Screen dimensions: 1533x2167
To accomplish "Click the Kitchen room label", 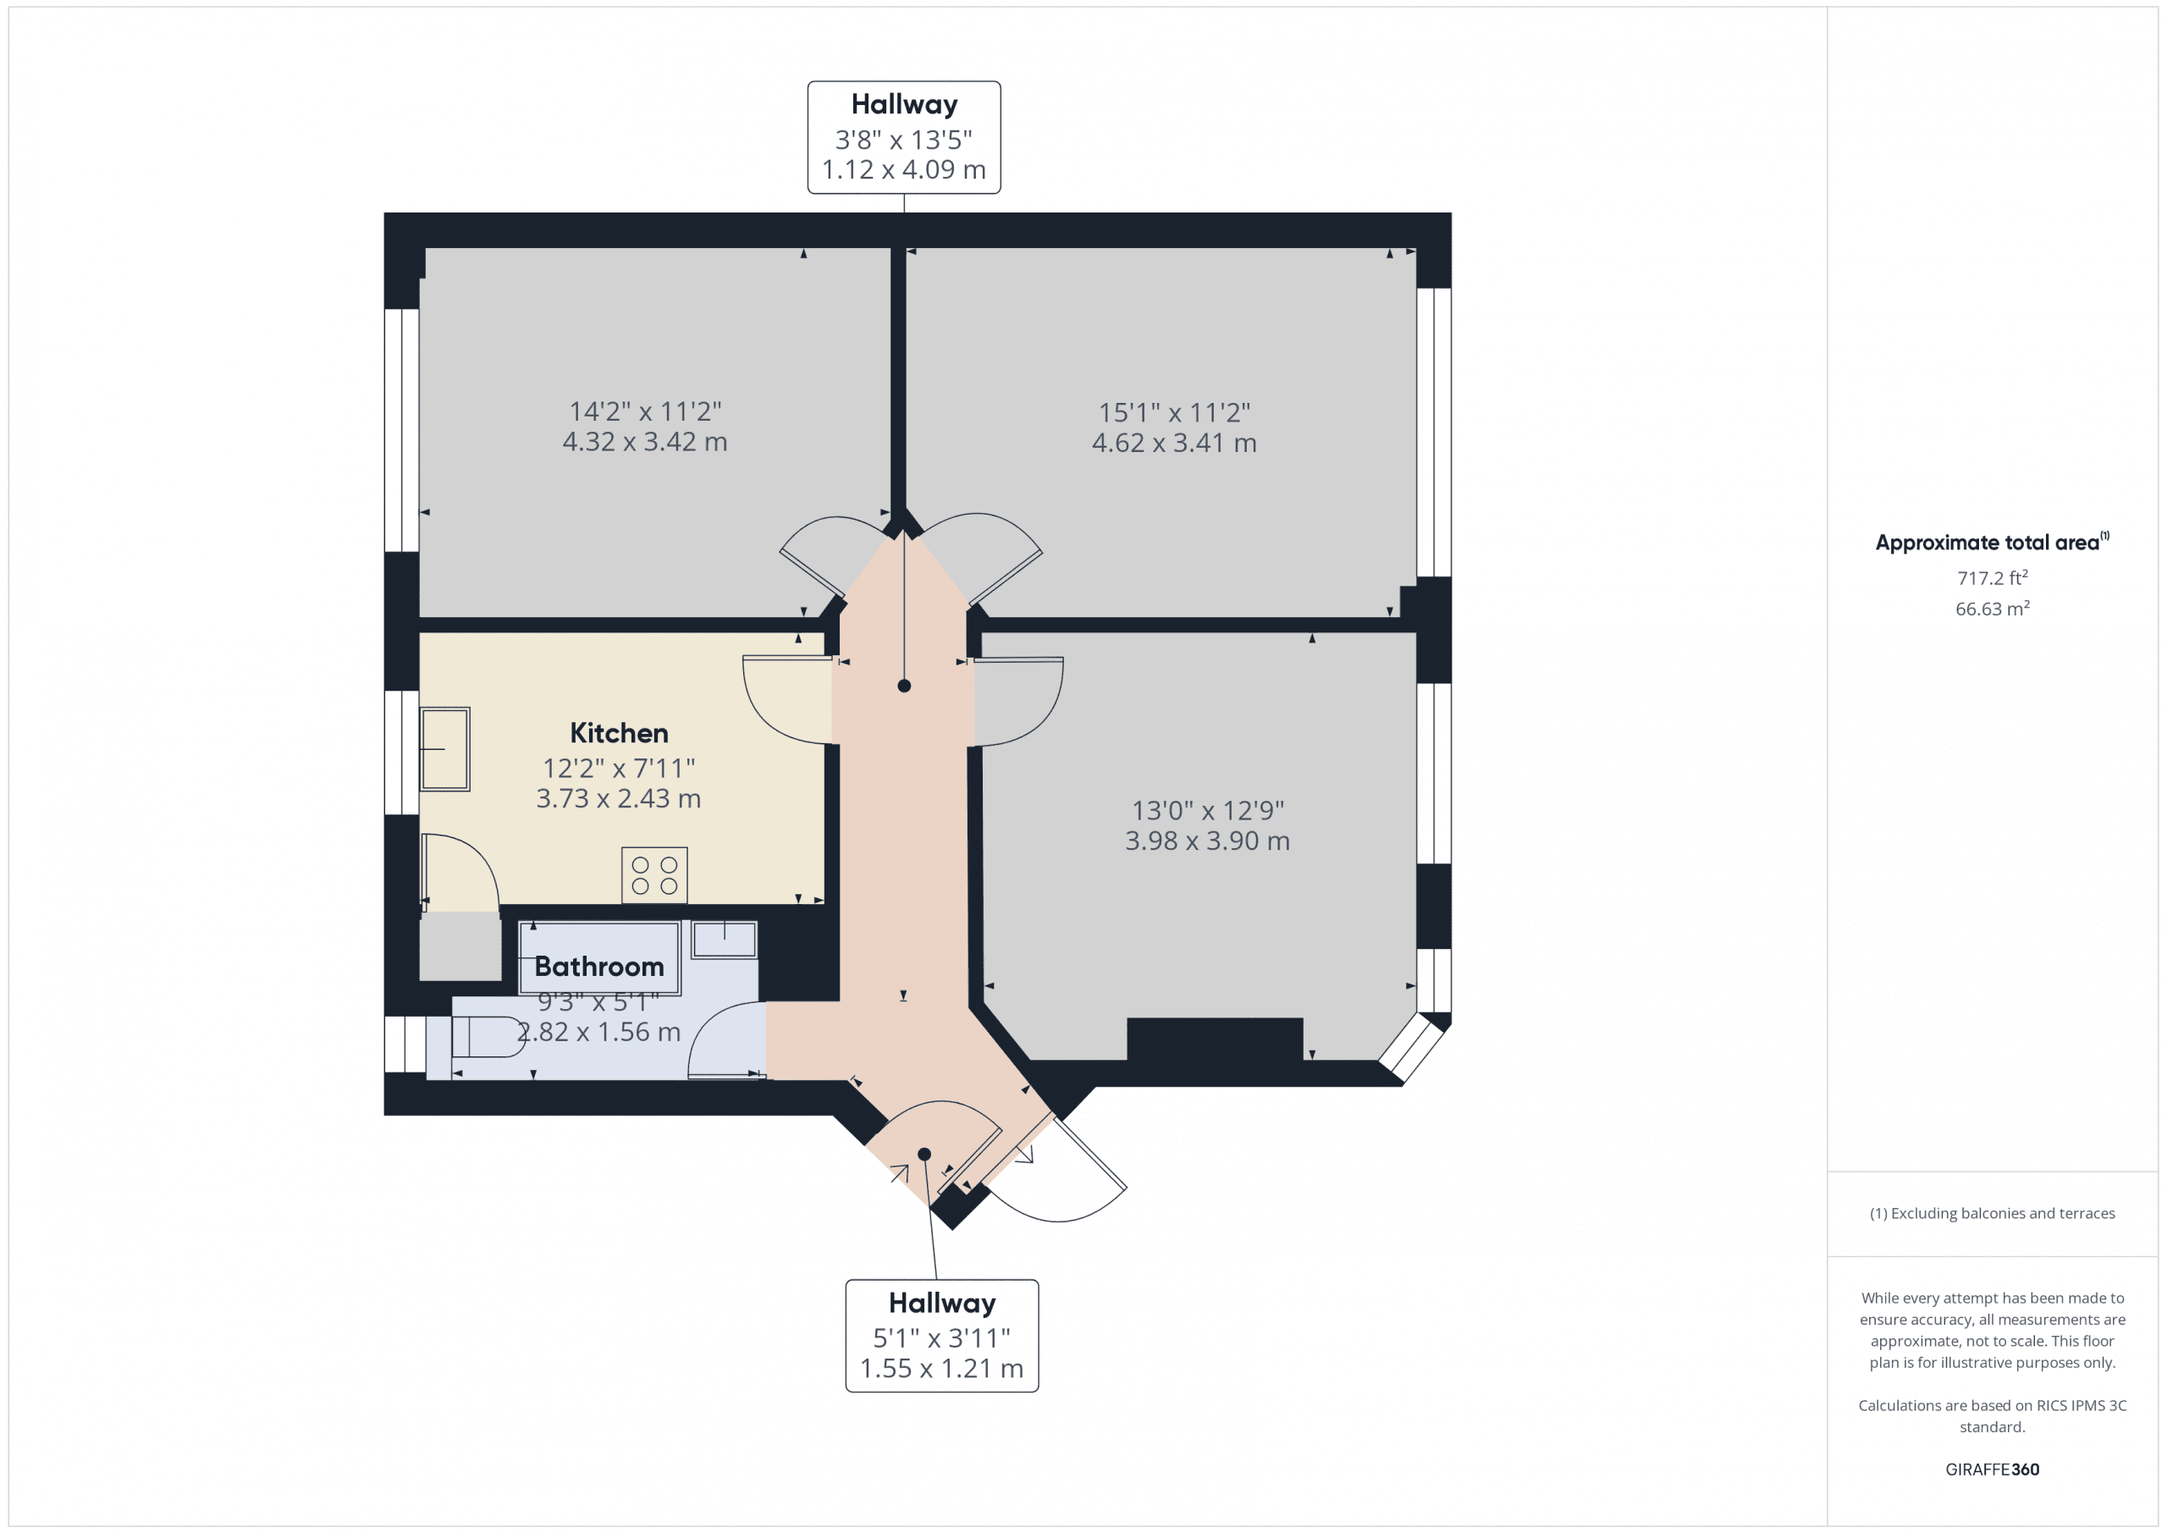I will (618, 733).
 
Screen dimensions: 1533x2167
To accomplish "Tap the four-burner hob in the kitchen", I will (654, 875).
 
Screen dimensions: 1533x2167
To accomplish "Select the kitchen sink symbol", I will (444, 748).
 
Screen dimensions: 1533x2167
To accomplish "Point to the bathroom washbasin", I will (724, 940).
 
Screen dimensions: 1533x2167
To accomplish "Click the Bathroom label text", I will (598, 967).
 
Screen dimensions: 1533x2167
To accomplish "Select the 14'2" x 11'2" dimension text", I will (645, 411).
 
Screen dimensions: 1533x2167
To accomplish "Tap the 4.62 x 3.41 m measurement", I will (1173, 443).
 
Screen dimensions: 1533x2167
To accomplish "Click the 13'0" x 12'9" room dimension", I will (1207, 810).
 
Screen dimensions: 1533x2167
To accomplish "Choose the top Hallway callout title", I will (903, 105).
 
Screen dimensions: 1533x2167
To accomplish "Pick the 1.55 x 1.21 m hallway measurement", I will (941, 1368).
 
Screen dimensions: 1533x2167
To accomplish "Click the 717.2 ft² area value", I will (1992, 577).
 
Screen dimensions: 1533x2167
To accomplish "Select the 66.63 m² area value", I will (1992, 609).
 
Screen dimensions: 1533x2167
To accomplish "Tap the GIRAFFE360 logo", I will (1992, 1469).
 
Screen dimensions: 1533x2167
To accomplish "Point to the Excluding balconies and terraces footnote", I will (1992, 1213).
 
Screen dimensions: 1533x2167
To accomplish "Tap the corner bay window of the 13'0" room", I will (1413, 1048).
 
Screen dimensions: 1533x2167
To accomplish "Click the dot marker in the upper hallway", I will (903, 687).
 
